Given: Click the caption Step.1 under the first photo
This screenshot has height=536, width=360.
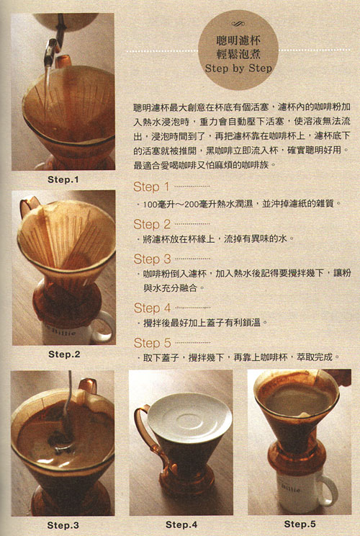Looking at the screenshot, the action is (x=63, y=179).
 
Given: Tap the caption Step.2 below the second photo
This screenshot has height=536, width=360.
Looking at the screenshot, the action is (x=64, y=354).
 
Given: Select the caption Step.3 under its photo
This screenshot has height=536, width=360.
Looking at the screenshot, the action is (x=63, y=525).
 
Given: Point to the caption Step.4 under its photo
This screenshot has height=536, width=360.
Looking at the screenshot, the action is (x=181, y=524).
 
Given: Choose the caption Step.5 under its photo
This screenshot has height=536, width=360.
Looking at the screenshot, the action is (x=300, y=524).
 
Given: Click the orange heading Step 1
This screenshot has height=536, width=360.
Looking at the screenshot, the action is (x=151, y=187).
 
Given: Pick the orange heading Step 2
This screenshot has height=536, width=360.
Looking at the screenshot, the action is (x=152, y=225).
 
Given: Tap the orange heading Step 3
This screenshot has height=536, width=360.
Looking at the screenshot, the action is (x=152, y=259).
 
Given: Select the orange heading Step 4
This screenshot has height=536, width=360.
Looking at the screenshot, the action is (x=152, y=308).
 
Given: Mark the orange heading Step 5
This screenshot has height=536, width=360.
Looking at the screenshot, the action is (x=152, y=343).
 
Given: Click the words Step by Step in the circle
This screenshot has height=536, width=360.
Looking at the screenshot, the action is (x=238, y=68).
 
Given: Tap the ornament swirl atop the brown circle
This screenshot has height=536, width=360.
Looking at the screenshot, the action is (x=238, y=24).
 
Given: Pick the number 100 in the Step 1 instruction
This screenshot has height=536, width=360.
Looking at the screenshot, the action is (x=150, y=205).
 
